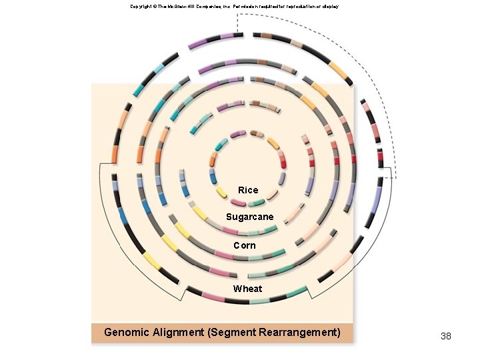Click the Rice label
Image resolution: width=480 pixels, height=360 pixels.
[248, 190]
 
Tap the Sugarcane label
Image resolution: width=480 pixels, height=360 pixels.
[249, 217]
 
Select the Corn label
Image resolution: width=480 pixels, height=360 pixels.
[245, 245]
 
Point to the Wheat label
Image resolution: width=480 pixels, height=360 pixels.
[247, 289]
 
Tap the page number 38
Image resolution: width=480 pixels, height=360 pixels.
[446, 336]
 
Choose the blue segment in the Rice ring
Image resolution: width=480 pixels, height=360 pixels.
[213, 178]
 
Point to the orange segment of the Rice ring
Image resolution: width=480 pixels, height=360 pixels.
[213, 160]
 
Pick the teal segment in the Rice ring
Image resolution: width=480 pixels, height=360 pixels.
[221, 143]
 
